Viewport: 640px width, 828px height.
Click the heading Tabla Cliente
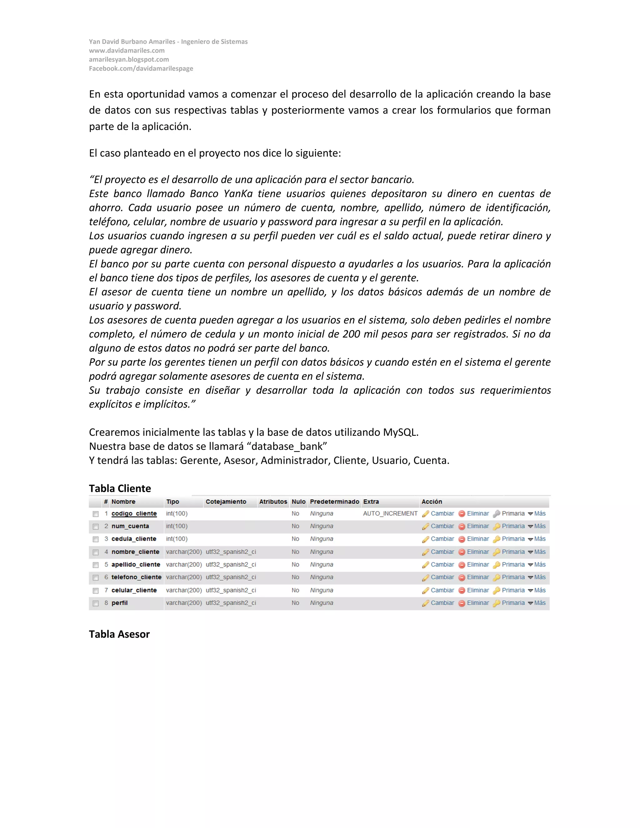(120, 488)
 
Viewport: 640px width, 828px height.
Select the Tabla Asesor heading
(119, 634)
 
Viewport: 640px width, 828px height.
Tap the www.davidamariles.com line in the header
(127, 50)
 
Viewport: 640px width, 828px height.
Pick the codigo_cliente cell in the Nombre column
(134, 514)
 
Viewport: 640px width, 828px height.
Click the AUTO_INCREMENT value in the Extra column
(390, 514)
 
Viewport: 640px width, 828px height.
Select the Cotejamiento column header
(226, 501)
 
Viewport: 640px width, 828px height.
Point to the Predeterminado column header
(334, 501)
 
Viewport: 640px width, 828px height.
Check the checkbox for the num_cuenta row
(96, 526)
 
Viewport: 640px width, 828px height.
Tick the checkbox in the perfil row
(96, 603)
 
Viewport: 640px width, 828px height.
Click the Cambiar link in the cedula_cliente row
(442, 539)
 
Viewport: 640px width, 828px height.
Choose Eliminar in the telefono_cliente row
(478, 577)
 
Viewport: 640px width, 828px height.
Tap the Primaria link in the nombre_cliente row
(513, 552)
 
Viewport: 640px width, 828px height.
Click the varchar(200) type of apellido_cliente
(184, 565)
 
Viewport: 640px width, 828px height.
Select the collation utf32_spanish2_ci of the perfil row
(231, 603)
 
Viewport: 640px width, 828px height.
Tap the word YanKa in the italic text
(238, 194)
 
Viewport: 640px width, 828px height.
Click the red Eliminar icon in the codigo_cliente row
(462, 514)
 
